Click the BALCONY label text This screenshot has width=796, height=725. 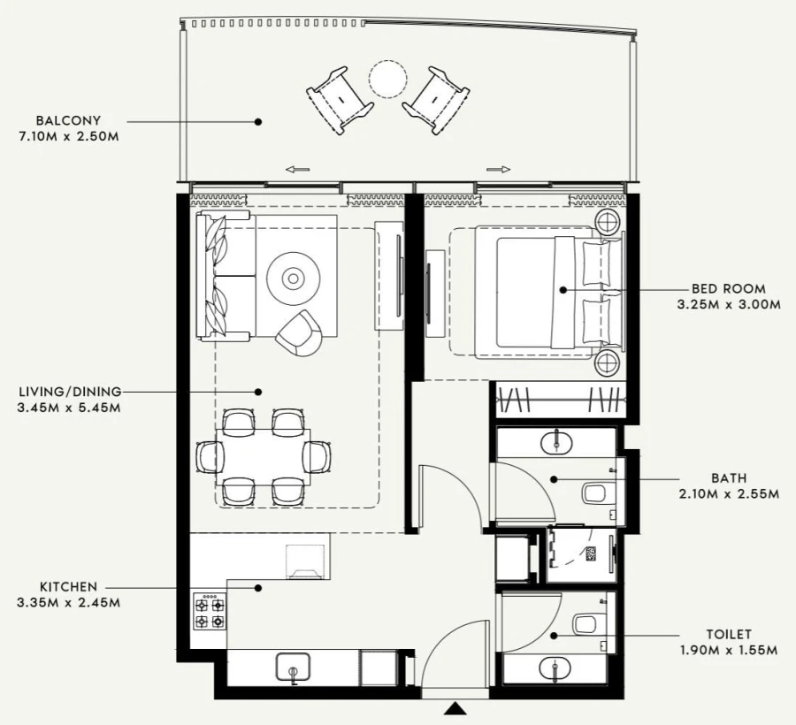68,120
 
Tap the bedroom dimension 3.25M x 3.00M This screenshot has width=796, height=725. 729,305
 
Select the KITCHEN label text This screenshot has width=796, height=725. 68,587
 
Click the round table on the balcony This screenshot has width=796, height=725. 387,78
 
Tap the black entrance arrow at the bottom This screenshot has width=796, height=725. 455,708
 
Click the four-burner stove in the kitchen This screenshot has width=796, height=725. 209,611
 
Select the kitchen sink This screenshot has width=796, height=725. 293,668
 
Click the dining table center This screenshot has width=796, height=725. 264,456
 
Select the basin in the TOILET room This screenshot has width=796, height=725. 555,668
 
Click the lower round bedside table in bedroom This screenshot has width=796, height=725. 608,362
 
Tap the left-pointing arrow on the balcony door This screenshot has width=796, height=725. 297,169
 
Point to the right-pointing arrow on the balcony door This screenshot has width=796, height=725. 499,169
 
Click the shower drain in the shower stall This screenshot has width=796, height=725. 591,553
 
